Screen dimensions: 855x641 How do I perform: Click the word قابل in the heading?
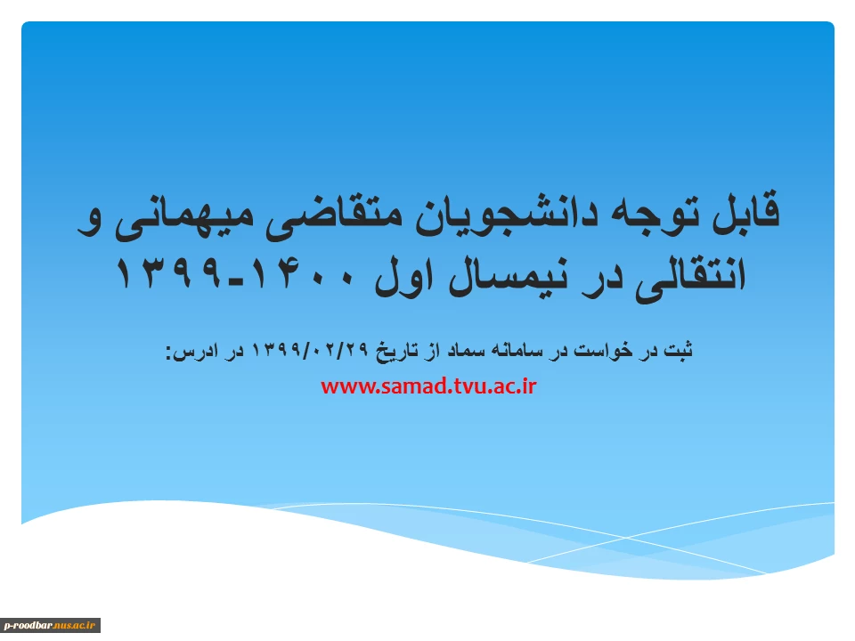click(x=746, y=212)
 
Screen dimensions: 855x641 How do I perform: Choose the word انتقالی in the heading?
click(x=689, y=276)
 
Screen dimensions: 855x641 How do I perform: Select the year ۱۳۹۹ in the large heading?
click(x=170, y=272)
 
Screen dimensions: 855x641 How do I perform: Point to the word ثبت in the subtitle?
click(x=679, y=349)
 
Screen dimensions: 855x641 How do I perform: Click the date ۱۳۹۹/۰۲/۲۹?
click(x=310, y=349)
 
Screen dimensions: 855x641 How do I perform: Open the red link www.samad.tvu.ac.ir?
click(x=428, y=385)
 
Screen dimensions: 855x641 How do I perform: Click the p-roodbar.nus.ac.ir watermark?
click(x=50, y=625)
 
